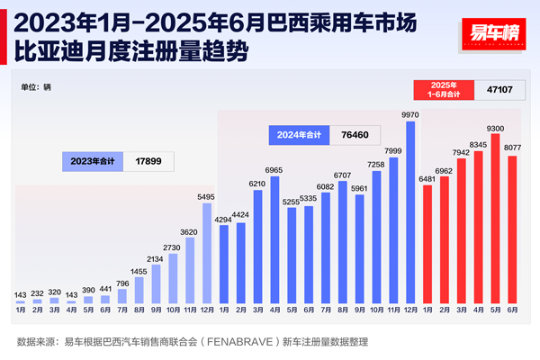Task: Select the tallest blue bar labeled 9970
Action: pos(411,211)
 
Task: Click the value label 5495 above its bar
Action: pos(207,195)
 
